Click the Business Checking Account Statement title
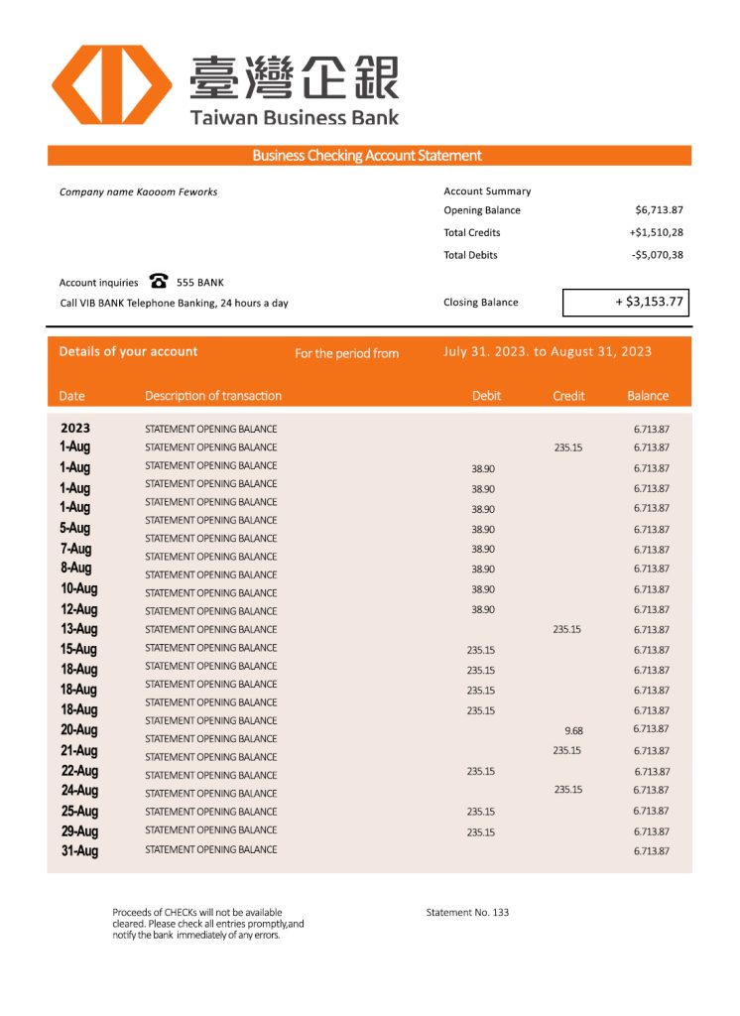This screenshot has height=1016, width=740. click(x=367, y=156)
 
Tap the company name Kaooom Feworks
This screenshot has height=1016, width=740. click(x=138, y=191)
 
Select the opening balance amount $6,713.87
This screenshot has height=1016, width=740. click(x=659, y=210)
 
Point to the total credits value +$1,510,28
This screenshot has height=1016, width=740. click(x=656, y=233)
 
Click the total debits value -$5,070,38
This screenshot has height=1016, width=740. click(x=658, y=255)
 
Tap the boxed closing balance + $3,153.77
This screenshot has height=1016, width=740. click(x=626, y=302)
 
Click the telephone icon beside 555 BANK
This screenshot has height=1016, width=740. click(x=158, y=282)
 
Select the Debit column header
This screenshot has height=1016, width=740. click(x=486, y=396)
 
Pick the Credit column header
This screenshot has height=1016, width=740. click(x=568, y=396)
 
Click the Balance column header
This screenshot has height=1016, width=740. click(x=648, y=396)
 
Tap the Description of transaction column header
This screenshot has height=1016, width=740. click(x=213, y=396)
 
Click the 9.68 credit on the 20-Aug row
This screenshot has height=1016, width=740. click(x=573, y=731)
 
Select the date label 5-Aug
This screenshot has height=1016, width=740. click(x=75, y=528)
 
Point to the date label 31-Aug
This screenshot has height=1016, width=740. click(x=79, y=850)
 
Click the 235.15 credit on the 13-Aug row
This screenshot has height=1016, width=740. click(x=567, y=629)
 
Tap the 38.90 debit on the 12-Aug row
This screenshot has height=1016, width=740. click(x=483, y=609)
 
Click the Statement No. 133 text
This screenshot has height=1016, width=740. click(x=467, y=912)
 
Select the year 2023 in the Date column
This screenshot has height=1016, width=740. click(x=75, y=429)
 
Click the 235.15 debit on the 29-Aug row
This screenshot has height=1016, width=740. click(x=481, y=832)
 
